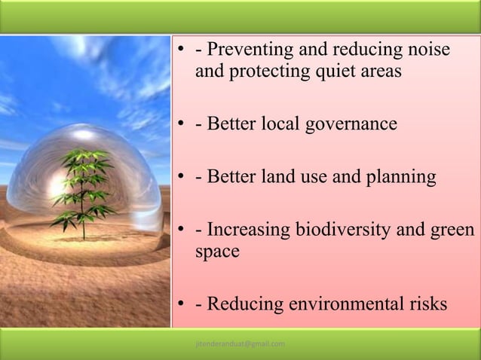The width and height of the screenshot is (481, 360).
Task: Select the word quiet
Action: pos(320,73)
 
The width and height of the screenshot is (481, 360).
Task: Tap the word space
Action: pos(217,252)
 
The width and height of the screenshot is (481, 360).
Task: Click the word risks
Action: pos(427,304)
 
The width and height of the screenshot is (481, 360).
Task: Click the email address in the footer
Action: pos(240,344)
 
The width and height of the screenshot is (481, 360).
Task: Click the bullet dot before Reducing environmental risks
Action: pos(181,305)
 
